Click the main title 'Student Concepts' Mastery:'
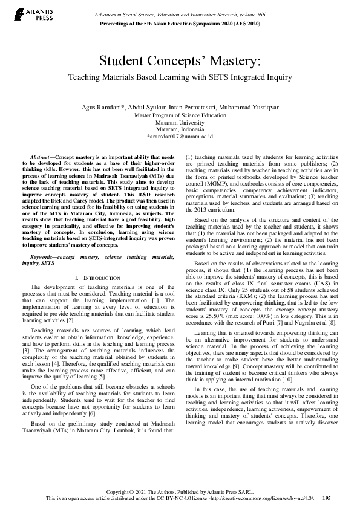point(180,62)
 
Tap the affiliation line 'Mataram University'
point(180,122)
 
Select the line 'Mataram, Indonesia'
point(180,129)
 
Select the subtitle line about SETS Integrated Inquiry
point(180,77)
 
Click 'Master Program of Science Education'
point(180,114)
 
